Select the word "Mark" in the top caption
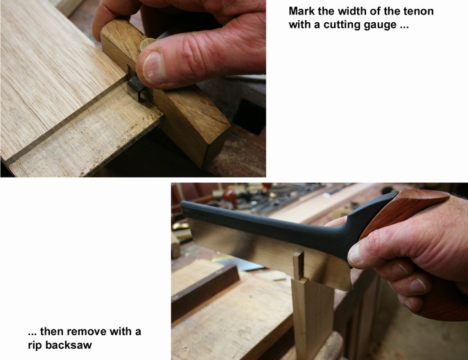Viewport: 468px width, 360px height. (x=302, y=11)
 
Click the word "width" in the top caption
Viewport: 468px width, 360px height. (x=351, y=11)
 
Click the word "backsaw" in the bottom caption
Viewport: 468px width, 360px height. (x=69, y=345)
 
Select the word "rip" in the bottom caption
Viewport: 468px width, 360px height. (x=35, y=345)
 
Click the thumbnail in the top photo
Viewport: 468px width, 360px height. (x=153, y=67)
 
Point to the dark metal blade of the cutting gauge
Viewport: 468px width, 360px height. (x=135, y=87)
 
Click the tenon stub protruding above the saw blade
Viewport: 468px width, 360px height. (x=298, y=265)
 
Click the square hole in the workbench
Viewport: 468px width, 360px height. (x=247, y=116)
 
